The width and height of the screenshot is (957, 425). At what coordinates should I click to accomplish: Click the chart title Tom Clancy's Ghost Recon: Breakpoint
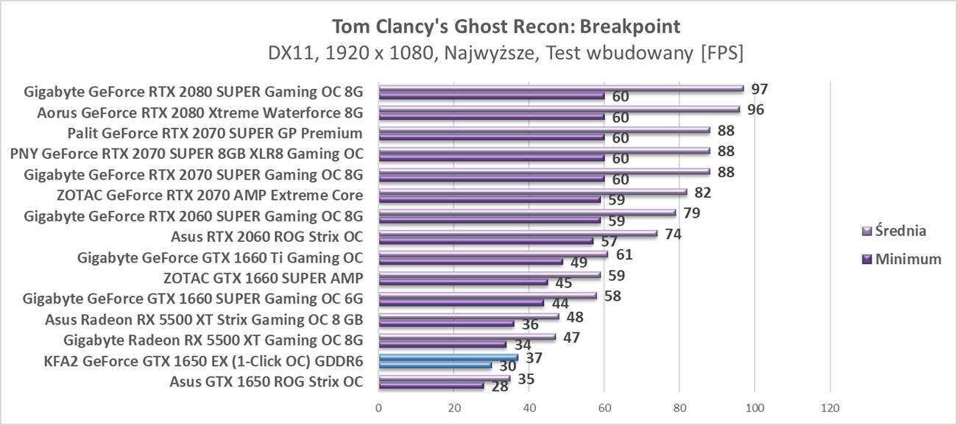click(506, 26)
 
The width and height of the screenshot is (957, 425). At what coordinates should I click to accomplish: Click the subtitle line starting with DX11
click(506, 53)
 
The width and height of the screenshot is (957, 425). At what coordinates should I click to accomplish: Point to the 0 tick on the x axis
click(378, 407)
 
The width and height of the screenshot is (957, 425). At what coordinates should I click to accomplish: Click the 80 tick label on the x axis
click(679, 407)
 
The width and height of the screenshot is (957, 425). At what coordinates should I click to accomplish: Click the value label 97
click(760, 90)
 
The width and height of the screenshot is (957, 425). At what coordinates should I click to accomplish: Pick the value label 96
click(755, 110)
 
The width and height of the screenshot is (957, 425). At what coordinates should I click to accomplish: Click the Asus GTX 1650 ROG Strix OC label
click(266, 382)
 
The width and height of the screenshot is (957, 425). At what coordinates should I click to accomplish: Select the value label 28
click(500, 386)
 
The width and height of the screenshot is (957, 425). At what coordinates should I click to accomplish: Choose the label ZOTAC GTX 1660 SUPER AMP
click(263, 278)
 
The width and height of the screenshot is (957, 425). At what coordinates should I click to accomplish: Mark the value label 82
click(703, 193)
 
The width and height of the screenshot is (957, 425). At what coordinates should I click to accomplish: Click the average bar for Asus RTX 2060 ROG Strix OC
click(518, 233)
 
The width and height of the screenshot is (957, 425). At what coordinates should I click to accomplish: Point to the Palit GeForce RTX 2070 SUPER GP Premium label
click(214, 133)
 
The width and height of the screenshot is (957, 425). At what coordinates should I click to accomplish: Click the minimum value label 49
click(579, 262)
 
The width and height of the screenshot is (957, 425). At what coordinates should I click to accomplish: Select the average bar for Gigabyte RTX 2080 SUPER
click(561, 88)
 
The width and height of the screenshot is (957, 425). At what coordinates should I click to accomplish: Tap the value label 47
click(571, 337)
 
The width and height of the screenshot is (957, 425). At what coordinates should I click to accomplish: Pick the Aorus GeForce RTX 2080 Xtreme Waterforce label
click(200, 113)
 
